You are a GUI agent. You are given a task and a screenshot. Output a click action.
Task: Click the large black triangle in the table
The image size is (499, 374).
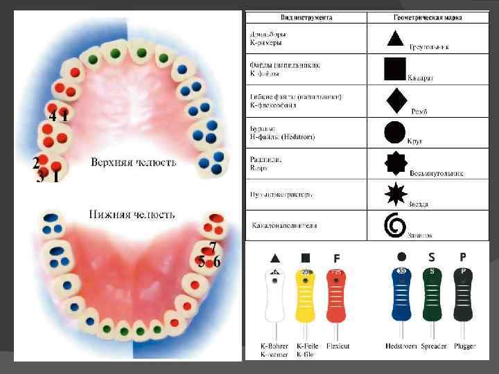coord(394,38)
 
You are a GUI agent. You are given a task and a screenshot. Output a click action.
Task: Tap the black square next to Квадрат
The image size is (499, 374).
coord(394,69)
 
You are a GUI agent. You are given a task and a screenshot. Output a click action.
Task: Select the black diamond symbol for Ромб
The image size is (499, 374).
coord(396,100)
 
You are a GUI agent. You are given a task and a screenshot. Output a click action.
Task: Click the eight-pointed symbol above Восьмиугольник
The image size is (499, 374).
coord(395,163)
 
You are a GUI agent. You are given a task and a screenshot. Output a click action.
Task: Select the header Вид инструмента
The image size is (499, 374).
coord(306,17)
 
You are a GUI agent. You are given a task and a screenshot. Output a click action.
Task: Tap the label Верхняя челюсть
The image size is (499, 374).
coord(133,163)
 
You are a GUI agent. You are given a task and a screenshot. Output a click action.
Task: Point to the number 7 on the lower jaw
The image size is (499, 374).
coord(213,247)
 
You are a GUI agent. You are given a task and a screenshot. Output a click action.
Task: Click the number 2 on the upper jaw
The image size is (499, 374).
coord(35,163)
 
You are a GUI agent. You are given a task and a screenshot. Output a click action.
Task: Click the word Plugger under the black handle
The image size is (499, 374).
coord(464,345)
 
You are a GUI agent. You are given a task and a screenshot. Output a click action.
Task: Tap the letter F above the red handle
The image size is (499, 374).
coord(336,258)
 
